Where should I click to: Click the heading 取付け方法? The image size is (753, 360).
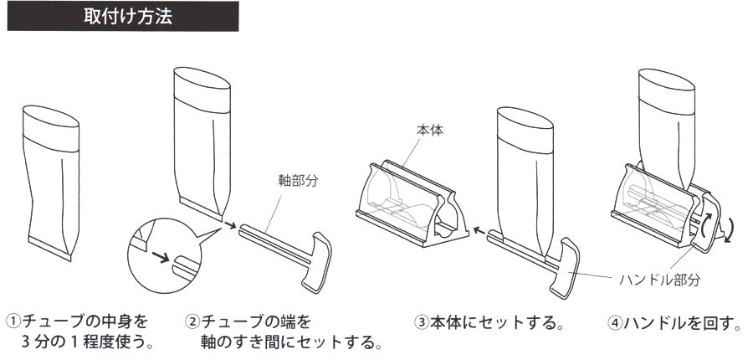click(128, 18)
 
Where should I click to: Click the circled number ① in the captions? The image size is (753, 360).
click(14, 321)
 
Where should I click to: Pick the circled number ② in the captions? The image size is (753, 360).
click(192, 321)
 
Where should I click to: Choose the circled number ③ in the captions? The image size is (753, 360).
click(423, 321)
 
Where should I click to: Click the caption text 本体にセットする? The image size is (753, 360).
click(494, 321)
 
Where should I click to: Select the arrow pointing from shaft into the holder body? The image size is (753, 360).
click(479, 227)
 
